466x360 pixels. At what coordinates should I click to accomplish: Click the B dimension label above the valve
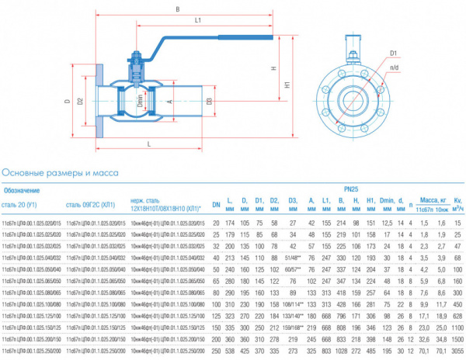[177, 9]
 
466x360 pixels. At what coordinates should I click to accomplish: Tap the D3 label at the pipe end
[210, 101]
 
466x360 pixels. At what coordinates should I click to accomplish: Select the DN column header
[217, 206]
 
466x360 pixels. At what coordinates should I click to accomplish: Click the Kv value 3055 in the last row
[456, 351]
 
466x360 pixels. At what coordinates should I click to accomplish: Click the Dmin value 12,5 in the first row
[387, 223]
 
